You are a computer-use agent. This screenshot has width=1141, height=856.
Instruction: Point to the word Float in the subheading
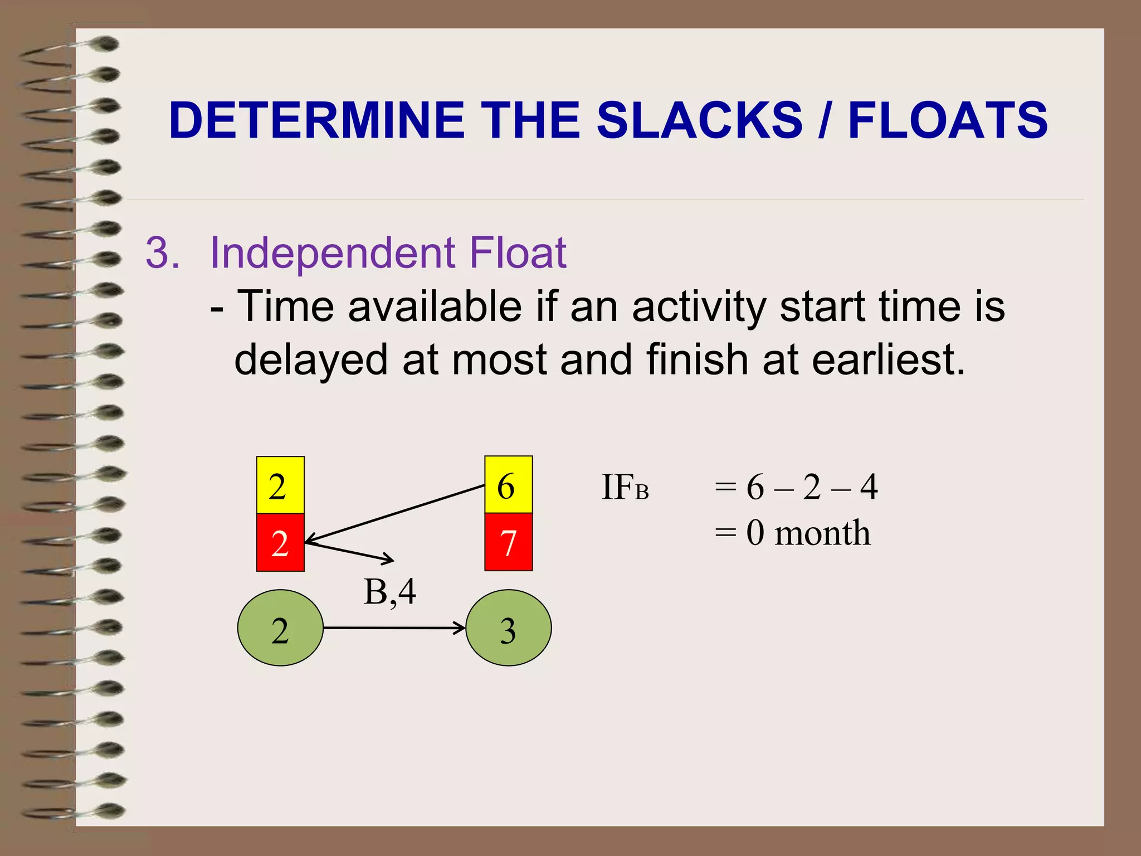click(518, 254)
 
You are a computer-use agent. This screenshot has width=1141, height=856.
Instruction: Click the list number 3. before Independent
click(162, 254)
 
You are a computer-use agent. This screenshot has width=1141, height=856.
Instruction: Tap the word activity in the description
click(699, 308)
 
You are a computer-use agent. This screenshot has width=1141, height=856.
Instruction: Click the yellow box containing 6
click(508, 485)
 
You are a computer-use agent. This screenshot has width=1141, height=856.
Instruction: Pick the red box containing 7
click(508, 542)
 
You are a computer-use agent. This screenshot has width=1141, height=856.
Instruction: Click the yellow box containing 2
click(280, 485)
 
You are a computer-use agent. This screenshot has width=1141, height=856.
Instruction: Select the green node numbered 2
click(280, 628)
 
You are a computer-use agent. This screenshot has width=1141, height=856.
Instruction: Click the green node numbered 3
click(508, 628)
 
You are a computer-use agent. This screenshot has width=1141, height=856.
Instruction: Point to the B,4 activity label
click(389, 592)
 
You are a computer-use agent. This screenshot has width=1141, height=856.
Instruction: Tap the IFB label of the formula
click(625, 488)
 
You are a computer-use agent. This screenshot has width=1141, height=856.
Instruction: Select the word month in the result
click(822, 533)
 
